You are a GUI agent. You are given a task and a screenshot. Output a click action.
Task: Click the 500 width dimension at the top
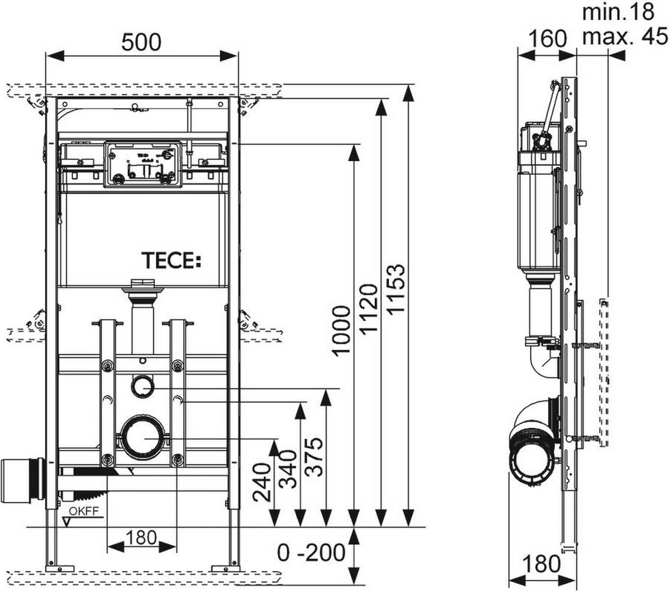[x=141, y=42]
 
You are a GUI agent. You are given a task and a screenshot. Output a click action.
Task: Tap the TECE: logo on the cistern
[x=171, y=260]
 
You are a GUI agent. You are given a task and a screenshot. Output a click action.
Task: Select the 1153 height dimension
[x=396, y=289]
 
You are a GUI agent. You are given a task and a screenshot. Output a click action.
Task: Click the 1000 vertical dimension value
[x=341, y=330]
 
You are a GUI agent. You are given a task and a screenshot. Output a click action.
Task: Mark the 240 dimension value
[x=262, y=481]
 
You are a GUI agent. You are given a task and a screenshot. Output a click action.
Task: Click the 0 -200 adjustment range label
[x=311, y=553]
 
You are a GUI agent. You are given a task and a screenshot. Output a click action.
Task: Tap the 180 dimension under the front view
[x=141, y=537]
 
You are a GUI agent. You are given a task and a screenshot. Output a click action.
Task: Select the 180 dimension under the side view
[x=541, y=563]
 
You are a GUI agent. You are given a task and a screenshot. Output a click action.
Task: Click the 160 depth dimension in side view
[x=547, y=37]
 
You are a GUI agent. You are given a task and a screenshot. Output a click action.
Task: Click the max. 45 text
[x=625, y=37]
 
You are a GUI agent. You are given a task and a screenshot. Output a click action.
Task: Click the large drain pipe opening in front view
[x=143, y=438]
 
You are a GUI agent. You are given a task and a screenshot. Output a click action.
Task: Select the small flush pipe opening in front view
[x=143, y=386]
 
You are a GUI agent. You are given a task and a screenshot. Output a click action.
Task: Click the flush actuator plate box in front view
[x=143, y=165]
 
